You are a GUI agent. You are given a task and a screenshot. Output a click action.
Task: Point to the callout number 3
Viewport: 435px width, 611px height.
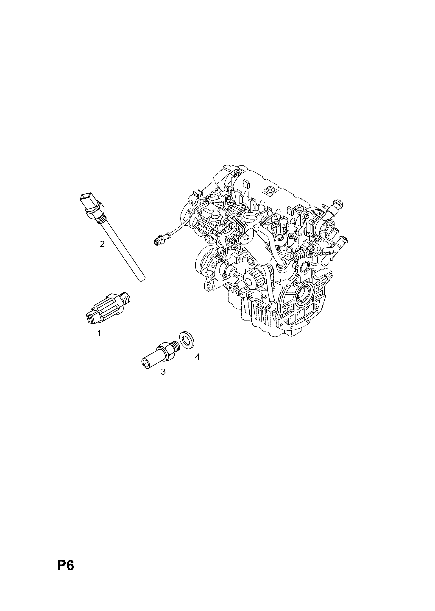163,372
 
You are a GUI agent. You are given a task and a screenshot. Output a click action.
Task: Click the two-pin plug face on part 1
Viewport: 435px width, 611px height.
90,318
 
